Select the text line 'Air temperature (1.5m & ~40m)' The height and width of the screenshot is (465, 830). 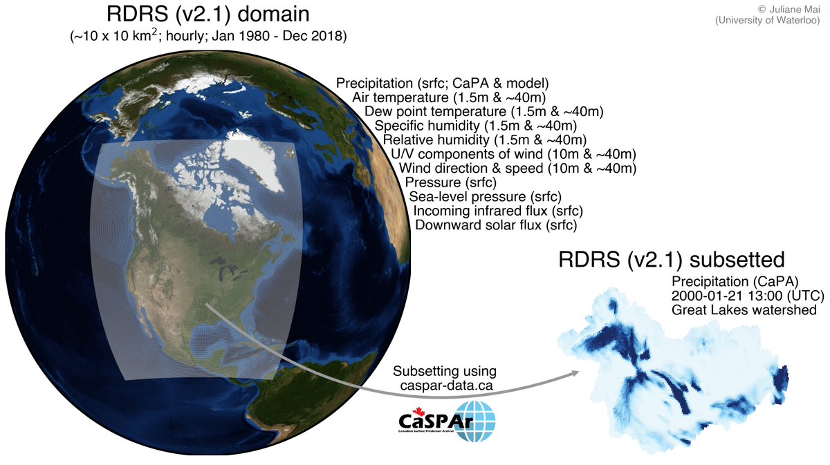(469, 97)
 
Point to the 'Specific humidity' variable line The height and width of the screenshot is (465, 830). (475, 126)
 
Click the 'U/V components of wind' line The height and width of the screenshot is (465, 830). (513, 154)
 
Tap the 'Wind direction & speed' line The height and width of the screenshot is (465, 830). (517, 169)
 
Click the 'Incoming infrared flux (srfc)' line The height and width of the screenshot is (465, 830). (497, 211)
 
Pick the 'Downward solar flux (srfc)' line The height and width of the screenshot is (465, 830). (495, 225)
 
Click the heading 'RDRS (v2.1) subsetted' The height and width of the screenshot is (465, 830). (672, 260)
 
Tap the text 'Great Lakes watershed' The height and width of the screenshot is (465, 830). (744, 310)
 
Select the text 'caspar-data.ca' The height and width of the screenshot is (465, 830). (446, 386)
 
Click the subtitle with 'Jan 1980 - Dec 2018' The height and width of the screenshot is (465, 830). (208, 36)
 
